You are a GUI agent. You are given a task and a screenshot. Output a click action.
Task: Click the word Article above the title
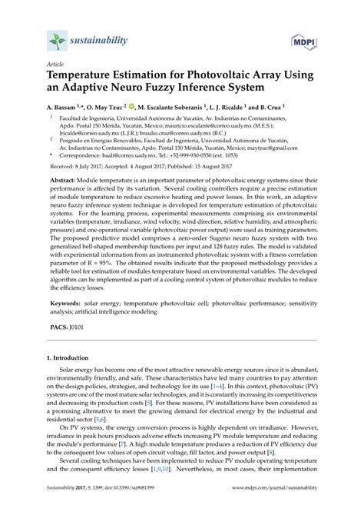click(x=56, y=66)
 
